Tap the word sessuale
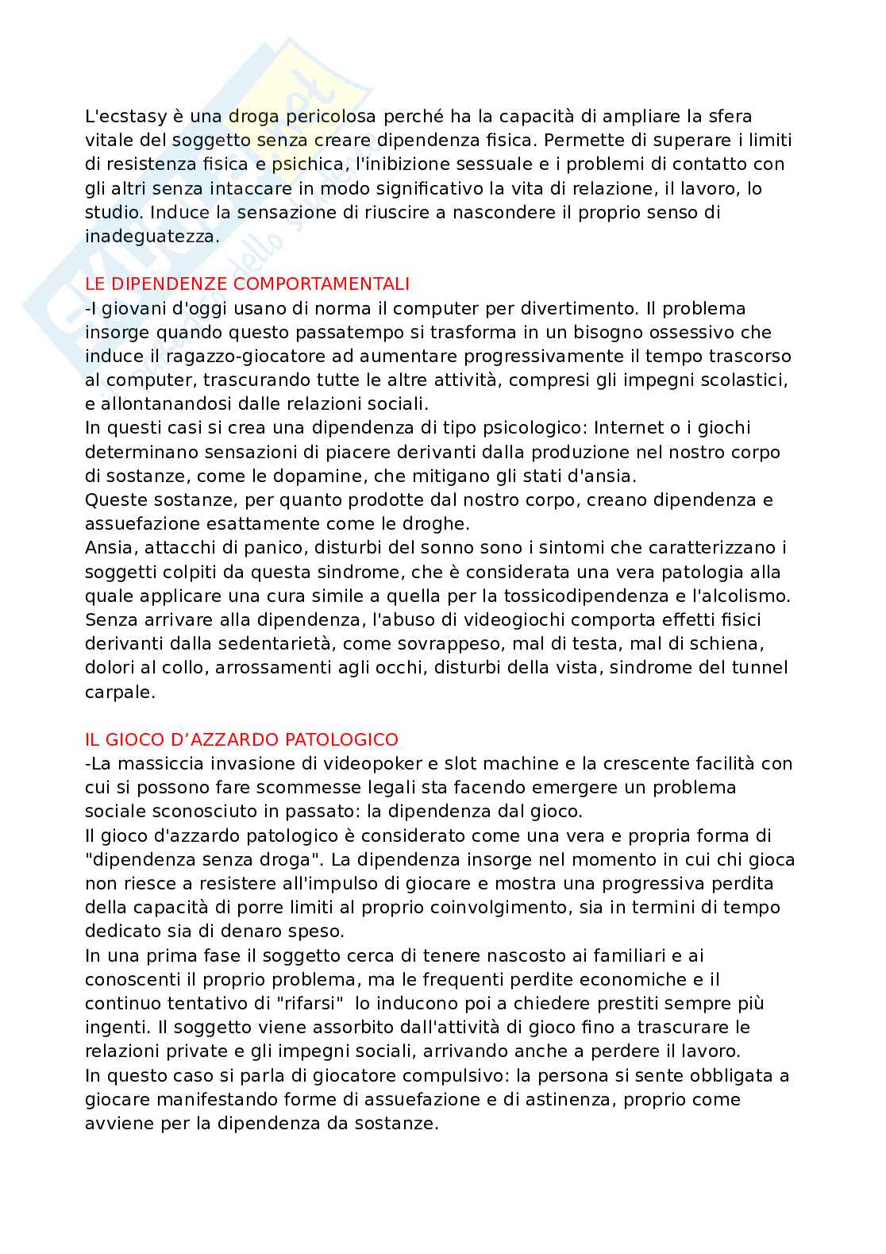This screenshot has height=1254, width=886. [444, 164]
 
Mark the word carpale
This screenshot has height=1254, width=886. [119, 692]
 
